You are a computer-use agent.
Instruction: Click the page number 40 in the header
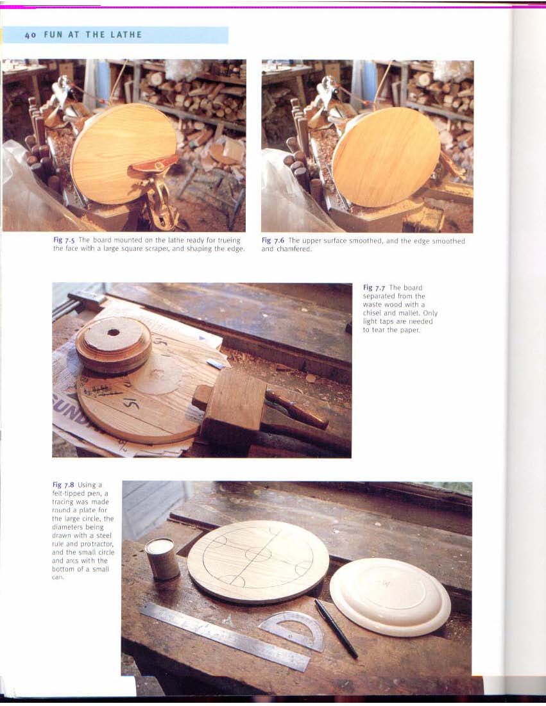coord(30,35)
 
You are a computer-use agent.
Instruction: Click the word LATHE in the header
coord(126,35)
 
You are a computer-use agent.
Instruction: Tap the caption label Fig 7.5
coord(64,240)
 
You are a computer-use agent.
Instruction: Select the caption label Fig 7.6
coord(273,240)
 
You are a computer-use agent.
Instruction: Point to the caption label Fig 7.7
coord(374,288)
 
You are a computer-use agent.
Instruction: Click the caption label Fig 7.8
coord(63,485)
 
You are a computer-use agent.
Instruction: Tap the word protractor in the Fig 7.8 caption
coord(98,544)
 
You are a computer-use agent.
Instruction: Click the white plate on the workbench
coord(390,596)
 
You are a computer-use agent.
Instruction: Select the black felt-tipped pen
coord(336,628)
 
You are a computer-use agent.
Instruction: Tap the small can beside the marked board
coord(162,559)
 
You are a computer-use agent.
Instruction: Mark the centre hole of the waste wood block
coord(114,333)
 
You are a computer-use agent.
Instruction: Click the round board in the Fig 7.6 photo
coord(386,157)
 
